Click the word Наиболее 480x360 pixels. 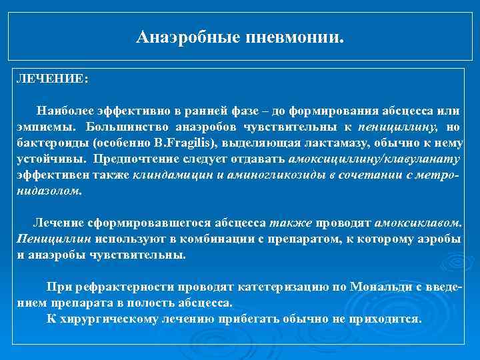point(65,111)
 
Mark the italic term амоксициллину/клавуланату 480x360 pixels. point(375,159)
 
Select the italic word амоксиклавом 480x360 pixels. point(417,223)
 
